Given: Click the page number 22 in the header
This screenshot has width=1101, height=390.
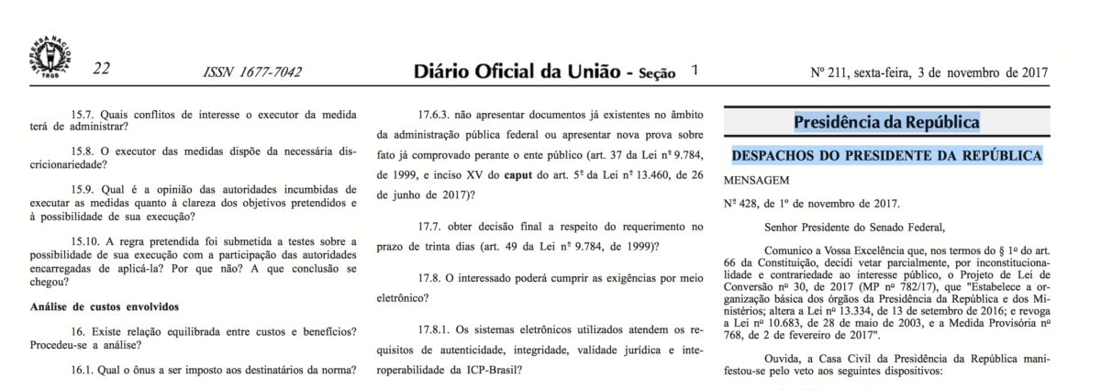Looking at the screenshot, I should click(101, 71).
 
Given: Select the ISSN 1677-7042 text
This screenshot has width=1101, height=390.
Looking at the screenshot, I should click(252, 72).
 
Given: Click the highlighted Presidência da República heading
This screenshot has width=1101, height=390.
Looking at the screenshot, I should click(886, 122).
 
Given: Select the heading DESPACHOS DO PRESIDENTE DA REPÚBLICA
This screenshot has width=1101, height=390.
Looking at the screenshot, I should click(886, 156).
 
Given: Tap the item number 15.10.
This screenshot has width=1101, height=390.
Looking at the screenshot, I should click(87, 239).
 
